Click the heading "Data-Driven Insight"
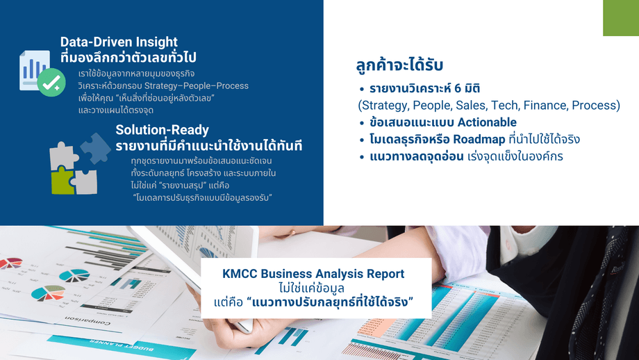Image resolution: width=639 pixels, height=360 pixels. click(119, 42)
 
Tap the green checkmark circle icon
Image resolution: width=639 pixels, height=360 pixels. click(51, 83)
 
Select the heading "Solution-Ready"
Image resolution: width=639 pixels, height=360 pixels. click(163, 130)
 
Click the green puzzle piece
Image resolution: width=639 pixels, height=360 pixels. click(63, 181)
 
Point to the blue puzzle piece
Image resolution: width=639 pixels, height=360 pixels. click(96, 148)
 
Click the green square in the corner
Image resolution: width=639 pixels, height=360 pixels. click(621, 18)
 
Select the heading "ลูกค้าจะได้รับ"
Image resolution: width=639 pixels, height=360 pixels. click(399, 65)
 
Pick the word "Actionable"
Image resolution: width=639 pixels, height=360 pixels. click(487, 122)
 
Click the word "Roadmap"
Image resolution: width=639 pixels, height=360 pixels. click(479, 140)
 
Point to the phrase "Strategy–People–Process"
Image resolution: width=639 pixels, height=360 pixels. click(197, 86)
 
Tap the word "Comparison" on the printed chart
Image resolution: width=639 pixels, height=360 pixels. click(88, 320)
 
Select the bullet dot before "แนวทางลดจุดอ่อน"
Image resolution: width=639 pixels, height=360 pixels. click(361, 157)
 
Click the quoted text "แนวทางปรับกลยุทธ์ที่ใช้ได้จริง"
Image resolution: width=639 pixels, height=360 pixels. click(330, 303)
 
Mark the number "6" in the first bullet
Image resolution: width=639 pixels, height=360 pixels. click(463, 88)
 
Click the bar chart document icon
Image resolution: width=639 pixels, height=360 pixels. click(35, 70)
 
